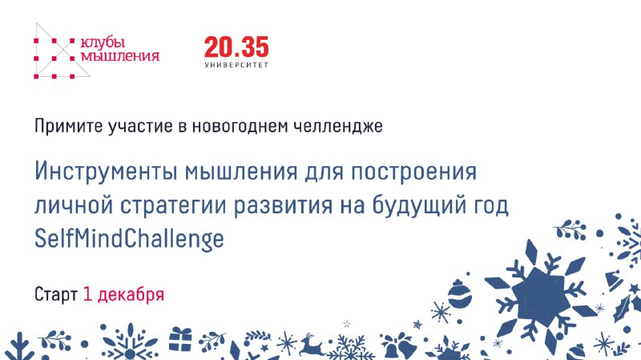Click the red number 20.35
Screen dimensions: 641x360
[236, 47]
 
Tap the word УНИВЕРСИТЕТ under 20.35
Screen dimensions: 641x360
[236, 65]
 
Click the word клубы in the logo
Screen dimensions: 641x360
[103, 43]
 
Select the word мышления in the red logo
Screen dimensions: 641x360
[119, 56]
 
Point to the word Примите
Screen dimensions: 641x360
[69, 126]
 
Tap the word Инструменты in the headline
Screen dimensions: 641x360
[107, 171]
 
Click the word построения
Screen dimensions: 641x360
[413, 172]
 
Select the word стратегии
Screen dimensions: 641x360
[173, 205]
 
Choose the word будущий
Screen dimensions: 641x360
[420, 204]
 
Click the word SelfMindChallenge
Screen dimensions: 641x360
[129, 238]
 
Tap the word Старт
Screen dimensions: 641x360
[56, 294]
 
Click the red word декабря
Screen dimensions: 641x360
[131, 294]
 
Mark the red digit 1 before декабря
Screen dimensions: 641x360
[87, 294]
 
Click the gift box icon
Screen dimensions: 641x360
[180, 338]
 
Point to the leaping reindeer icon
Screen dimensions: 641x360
[311, 346]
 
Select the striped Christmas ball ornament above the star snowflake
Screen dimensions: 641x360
[460, 293]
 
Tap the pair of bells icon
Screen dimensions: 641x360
[397, 346]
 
